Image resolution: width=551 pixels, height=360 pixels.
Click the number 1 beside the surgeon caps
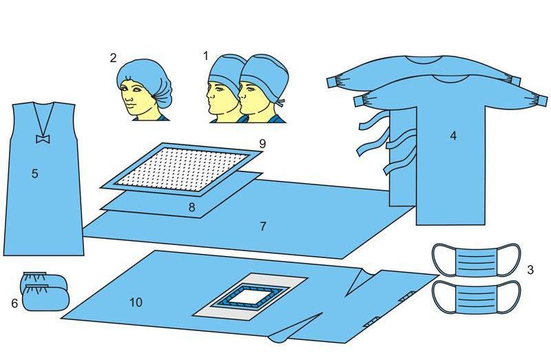pyautogui.click(x=205, y=56)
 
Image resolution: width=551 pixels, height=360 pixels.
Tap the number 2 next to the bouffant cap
pyautogui.click(x=113, y=58)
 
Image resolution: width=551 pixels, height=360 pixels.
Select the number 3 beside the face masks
pyautogui.click(x=530, y=270)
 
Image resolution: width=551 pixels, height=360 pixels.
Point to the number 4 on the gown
pyautogui.click(x=453, y=136)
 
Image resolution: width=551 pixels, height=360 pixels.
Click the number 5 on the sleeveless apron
pyautogui.click(x=34, y=173)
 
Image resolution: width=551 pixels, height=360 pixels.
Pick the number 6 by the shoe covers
pyautogui.click(x=14, y=303)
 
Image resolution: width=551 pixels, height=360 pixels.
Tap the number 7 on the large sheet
pyautogui.click(x=263, y=226)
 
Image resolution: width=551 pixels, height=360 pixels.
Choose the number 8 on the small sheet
pyautogui.click(x=191, y=207)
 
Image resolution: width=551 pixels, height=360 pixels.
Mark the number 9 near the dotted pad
pyautogui.click(x=262, y=144)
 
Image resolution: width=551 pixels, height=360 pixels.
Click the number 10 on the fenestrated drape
pyautogui.click(x=136, y=302)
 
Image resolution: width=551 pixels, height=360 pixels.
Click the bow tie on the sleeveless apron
pyautogui.click(x=43, y=139)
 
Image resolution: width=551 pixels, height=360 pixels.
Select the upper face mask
pyautogui.click(x=476, y=261)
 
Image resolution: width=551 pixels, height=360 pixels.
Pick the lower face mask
pyautogui.click(x=476, y=297)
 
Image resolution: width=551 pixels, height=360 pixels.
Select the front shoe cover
pyautogui.click(x=46, y=298)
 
